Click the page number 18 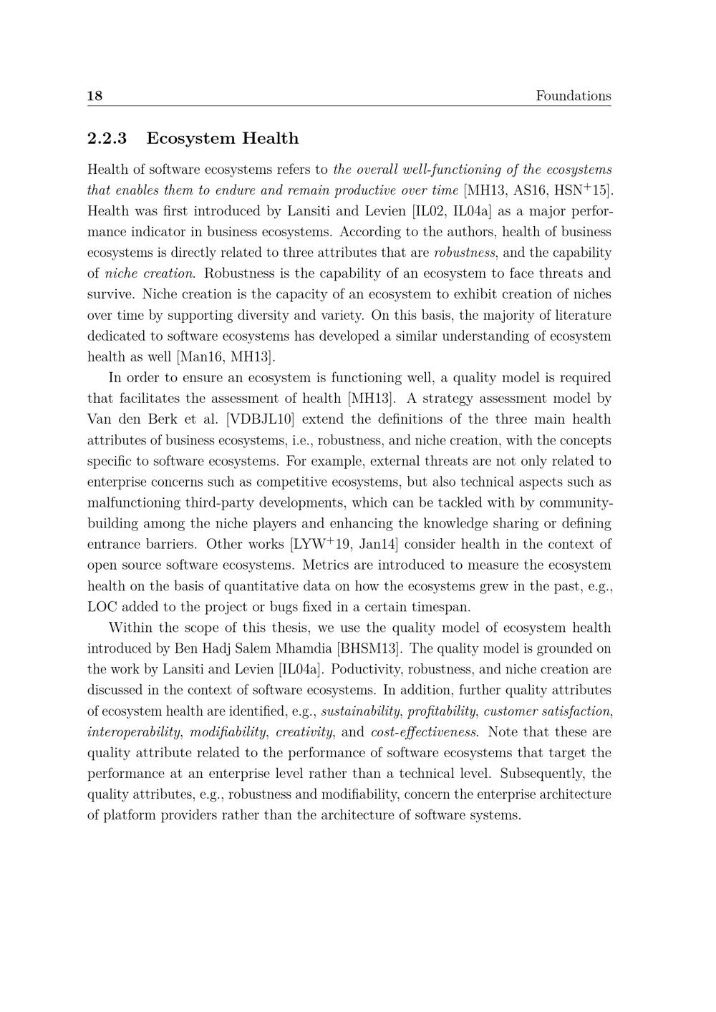tap(95, 96)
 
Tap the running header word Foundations tap(573, 96)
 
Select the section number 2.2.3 tap(107, 138)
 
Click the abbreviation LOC tap(102, 608)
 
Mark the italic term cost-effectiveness tap(425, 732)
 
